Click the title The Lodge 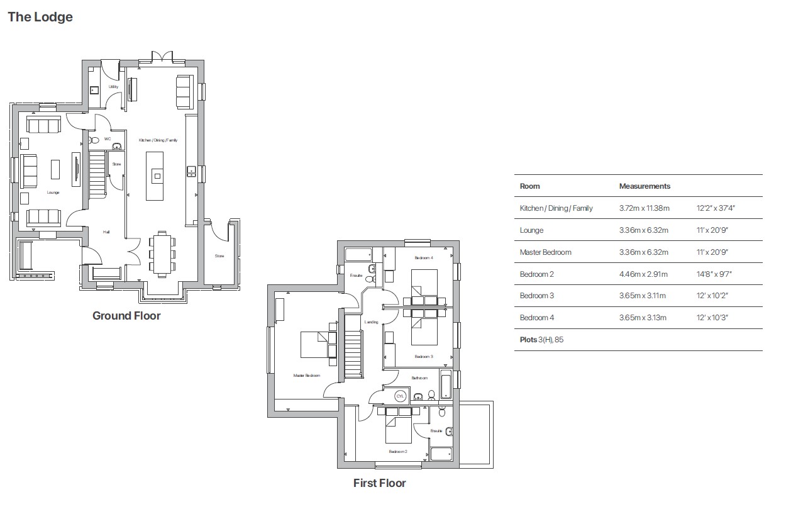tap(40, 18)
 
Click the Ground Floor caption tap(126, 316)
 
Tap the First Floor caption tap(379, 483)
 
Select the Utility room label tap(113, 87)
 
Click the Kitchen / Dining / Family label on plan tap(158, 140)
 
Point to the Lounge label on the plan tap(53, 193)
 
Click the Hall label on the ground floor tap(107, 232)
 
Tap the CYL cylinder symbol tap(401, 396)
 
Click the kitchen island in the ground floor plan tap(155, 176)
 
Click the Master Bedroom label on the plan tap(307, 376)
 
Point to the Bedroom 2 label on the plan tap(397, 452)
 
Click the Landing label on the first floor tap(371, 322)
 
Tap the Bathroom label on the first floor tap(419, 378)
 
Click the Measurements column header tap(645, 186)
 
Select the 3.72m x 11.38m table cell tap(645, 208)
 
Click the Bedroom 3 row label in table tap(536, 296)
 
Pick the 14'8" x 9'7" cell tap(714, 274)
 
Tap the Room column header tap(529, 186)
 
